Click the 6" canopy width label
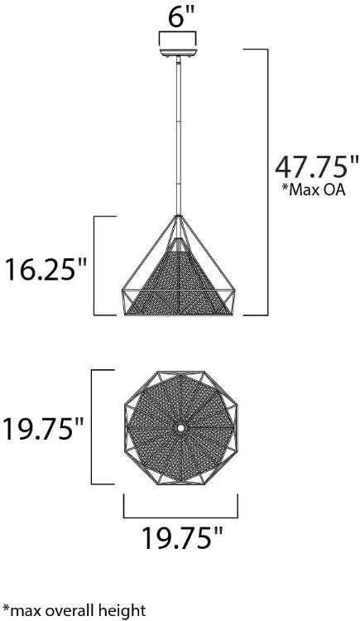point(177,16)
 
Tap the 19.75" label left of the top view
point(43,429)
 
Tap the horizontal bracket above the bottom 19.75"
point(180,514)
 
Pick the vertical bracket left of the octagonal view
point(92,427)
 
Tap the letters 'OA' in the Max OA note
point(333,192)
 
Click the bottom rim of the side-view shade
point(178,313)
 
